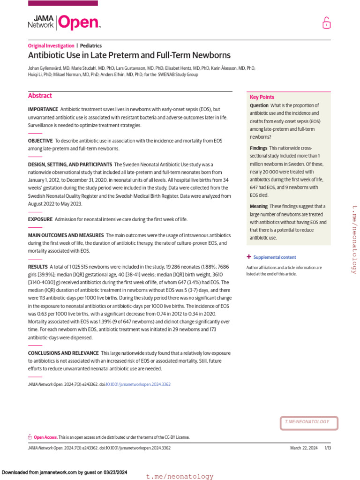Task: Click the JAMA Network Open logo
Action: click(x=64, y=22)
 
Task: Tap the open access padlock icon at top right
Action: click(x=326, y=22)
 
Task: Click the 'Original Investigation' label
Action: click(x=51, y=45)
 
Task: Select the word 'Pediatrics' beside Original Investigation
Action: click(x=91, y=45)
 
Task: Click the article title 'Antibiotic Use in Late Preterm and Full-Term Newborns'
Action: click(x=129, y=55)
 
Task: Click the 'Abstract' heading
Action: click(x=40, y=96)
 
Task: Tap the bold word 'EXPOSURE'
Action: click(x=40, y=219)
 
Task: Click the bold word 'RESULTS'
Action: click(x=37, y=267)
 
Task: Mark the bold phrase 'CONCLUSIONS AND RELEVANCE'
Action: click(x=63, y=353)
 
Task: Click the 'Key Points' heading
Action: click(x=262, y=97)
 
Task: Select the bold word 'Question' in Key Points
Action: click(x=259, y=105)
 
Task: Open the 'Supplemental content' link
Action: click(x=274, y=257)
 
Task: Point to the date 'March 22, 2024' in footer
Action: click(x=304, y=448)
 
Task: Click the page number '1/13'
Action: click(x=327, y=448)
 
